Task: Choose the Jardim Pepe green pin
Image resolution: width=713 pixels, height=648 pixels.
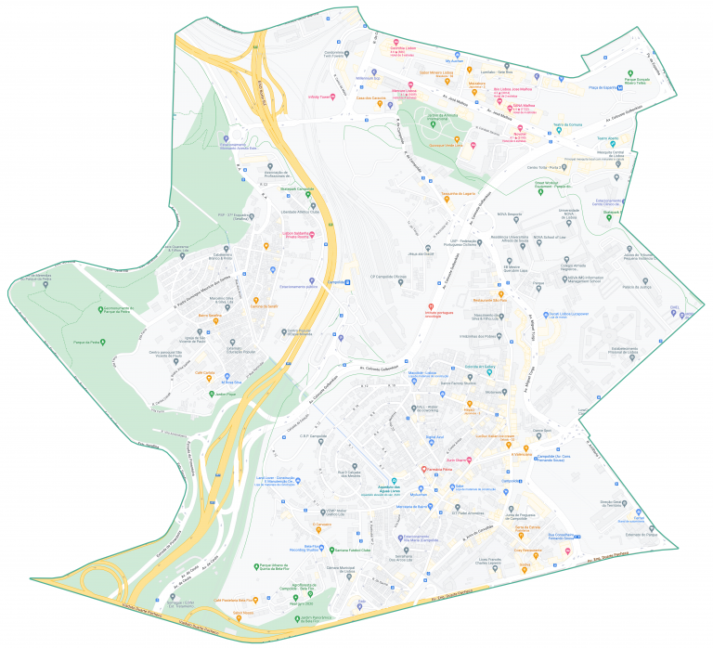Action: (x=211, y=395)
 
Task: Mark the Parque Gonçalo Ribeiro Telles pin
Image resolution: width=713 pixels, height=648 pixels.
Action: (x=630, y=73)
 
